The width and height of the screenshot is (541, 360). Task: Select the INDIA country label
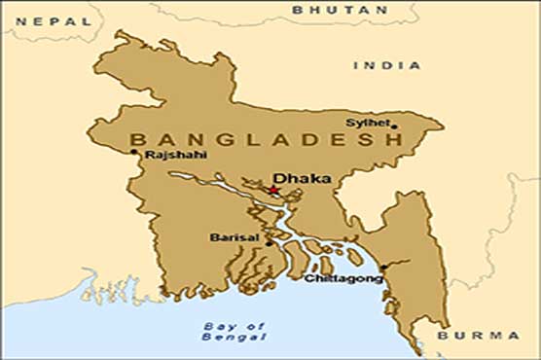coord(387,65)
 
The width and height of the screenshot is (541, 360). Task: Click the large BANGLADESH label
coord(265,140)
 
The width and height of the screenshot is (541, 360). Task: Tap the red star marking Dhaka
coord(274,191)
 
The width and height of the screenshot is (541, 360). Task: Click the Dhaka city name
coord(302,179)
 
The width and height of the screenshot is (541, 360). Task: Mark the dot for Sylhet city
coord(394,126)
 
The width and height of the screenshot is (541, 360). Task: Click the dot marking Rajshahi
coord(134,152)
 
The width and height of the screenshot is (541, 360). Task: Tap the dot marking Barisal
coord(270,243)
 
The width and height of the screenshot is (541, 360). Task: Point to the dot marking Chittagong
coord(383,267)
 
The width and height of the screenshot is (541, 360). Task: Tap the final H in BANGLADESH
coord(393,140)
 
